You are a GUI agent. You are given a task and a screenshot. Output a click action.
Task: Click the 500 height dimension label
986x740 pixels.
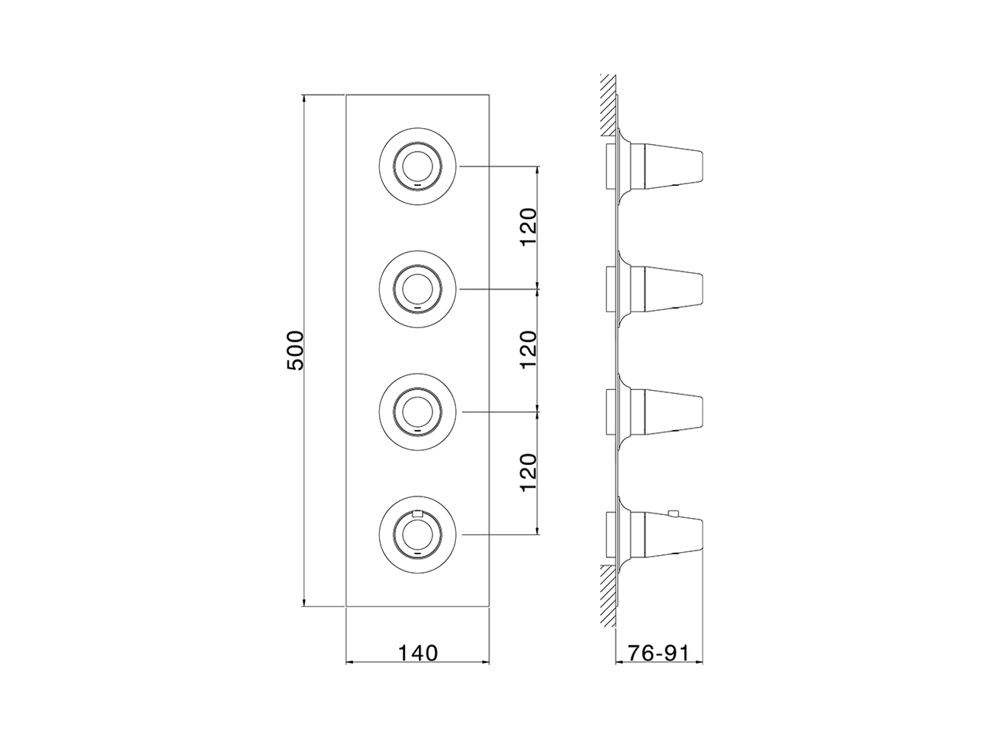pyautogui.click(x=296, y=350)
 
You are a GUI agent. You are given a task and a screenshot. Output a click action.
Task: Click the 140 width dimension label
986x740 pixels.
pyautogui.click(x=418, y=653)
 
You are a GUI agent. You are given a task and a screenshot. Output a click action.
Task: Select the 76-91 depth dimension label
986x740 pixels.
pyautogui.click(x=658, y=653)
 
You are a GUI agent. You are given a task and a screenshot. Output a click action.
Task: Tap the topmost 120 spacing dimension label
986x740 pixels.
pyautogui.click(x=528, y=227)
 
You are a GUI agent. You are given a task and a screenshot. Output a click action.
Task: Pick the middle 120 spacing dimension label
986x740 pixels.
pyautogui.click(x=528, y=349)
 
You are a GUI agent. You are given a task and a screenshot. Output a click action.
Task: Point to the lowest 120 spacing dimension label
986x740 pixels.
pyautogui.click(x=528, y=473)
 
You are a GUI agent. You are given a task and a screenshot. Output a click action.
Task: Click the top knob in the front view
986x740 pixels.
pyautogui.click(x=418, y=166)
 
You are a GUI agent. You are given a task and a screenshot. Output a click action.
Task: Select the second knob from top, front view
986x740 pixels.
pyautogui.click(x=418, y=289)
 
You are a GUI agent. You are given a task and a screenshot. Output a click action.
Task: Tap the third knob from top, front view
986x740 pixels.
pyautogui.click(x=418, y=412)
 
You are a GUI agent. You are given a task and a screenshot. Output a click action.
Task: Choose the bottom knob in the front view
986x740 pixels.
pyautogui.click(x=418, y=534)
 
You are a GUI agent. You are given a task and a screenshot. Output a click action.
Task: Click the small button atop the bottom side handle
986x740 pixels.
pyautogui.click(x=672, y=513)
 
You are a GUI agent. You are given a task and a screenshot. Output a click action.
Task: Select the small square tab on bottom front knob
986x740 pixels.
pyautogui.click(x=418, y=513)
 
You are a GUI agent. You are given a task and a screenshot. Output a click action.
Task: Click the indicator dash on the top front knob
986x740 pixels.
pyautogui.click(x=418, y=186)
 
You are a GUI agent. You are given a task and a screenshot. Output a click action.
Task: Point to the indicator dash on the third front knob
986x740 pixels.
pyautogui.click(x=418, y=432)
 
